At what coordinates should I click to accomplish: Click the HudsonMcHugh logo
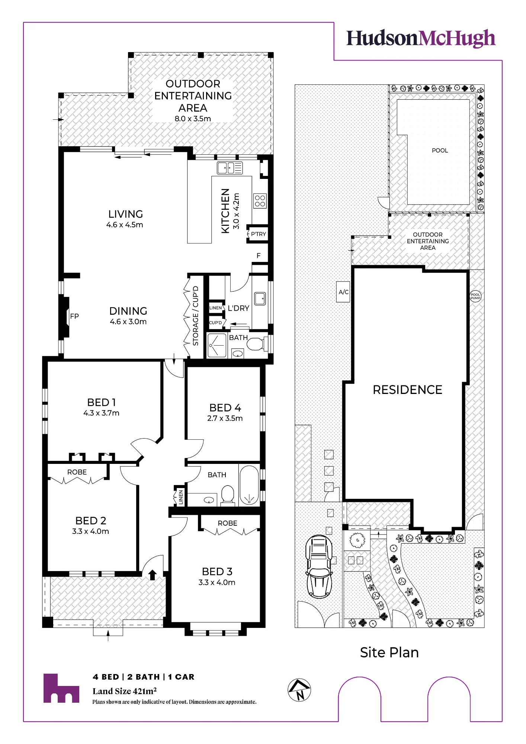point(421,38)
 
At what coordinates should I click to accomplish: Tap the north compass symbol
point(299,690)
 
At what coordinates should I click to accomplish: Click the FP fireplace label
point(74,316)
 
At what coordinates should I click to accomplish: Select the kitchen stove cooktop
point(260,201)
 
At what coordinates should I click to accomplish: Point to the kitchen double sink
point(230,168)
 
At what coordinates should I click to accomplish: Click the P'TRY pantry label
point(259,234)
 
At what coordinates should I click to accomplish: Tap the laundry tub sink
point(260,298)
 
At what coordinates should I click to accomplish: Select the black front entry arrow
point(152,575)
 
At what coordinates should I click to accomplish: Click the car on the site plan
point(319,566)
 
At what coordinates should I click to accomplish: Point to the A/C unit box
point(343,292)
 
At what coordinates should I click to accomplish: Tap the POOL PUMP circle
point(475,296)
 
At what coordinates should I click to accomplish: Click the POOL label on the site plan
point(440,150)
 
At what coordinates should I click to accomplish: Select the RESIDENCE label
point(407,389)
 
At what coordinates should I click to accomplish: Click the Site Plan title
point(389,652)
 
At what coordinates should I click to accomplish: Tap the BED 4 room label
point(225,408)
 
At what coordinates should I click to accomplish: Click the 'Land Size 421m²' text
point(125,691)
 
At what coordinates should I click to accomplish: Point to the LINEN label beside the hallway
point(181,497)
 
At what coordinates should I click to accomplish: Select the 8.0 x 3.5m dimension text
point(193,119)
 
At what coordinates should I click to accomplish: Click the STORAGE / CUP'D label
point(196,316)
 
